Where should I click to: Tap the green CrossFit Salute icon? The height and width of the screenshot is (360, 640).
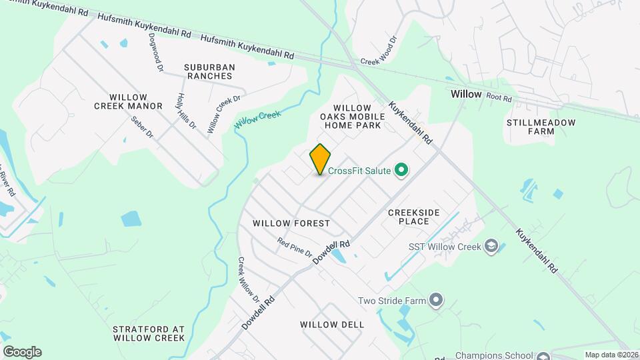(401, 171)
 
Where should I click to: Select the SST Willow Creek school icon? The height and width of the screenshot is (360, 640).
(492, 247)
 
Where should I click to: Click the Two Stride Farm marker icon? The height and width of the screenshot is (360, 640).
(436, 301)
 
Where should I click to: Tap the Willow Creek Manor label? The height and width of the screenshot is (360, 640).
(128, 101)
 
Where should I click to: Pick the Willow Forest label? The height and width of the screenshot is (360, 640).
(291, 223)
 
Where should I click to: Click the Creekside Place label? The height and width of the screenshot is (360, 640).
(414, 216)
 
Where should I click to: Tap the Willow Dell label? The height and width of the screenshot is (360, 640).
(332, 325)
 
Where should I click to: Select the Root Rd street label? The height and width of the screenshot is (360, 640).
(499, 97)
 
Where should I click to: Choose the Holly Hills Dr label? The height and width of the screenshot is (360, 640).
(186, 111)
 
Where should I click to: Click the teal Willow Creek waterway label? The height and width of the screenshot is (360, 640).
(257, 119)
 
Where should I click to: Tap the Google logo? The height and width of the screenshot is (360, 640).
(22, 352)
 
